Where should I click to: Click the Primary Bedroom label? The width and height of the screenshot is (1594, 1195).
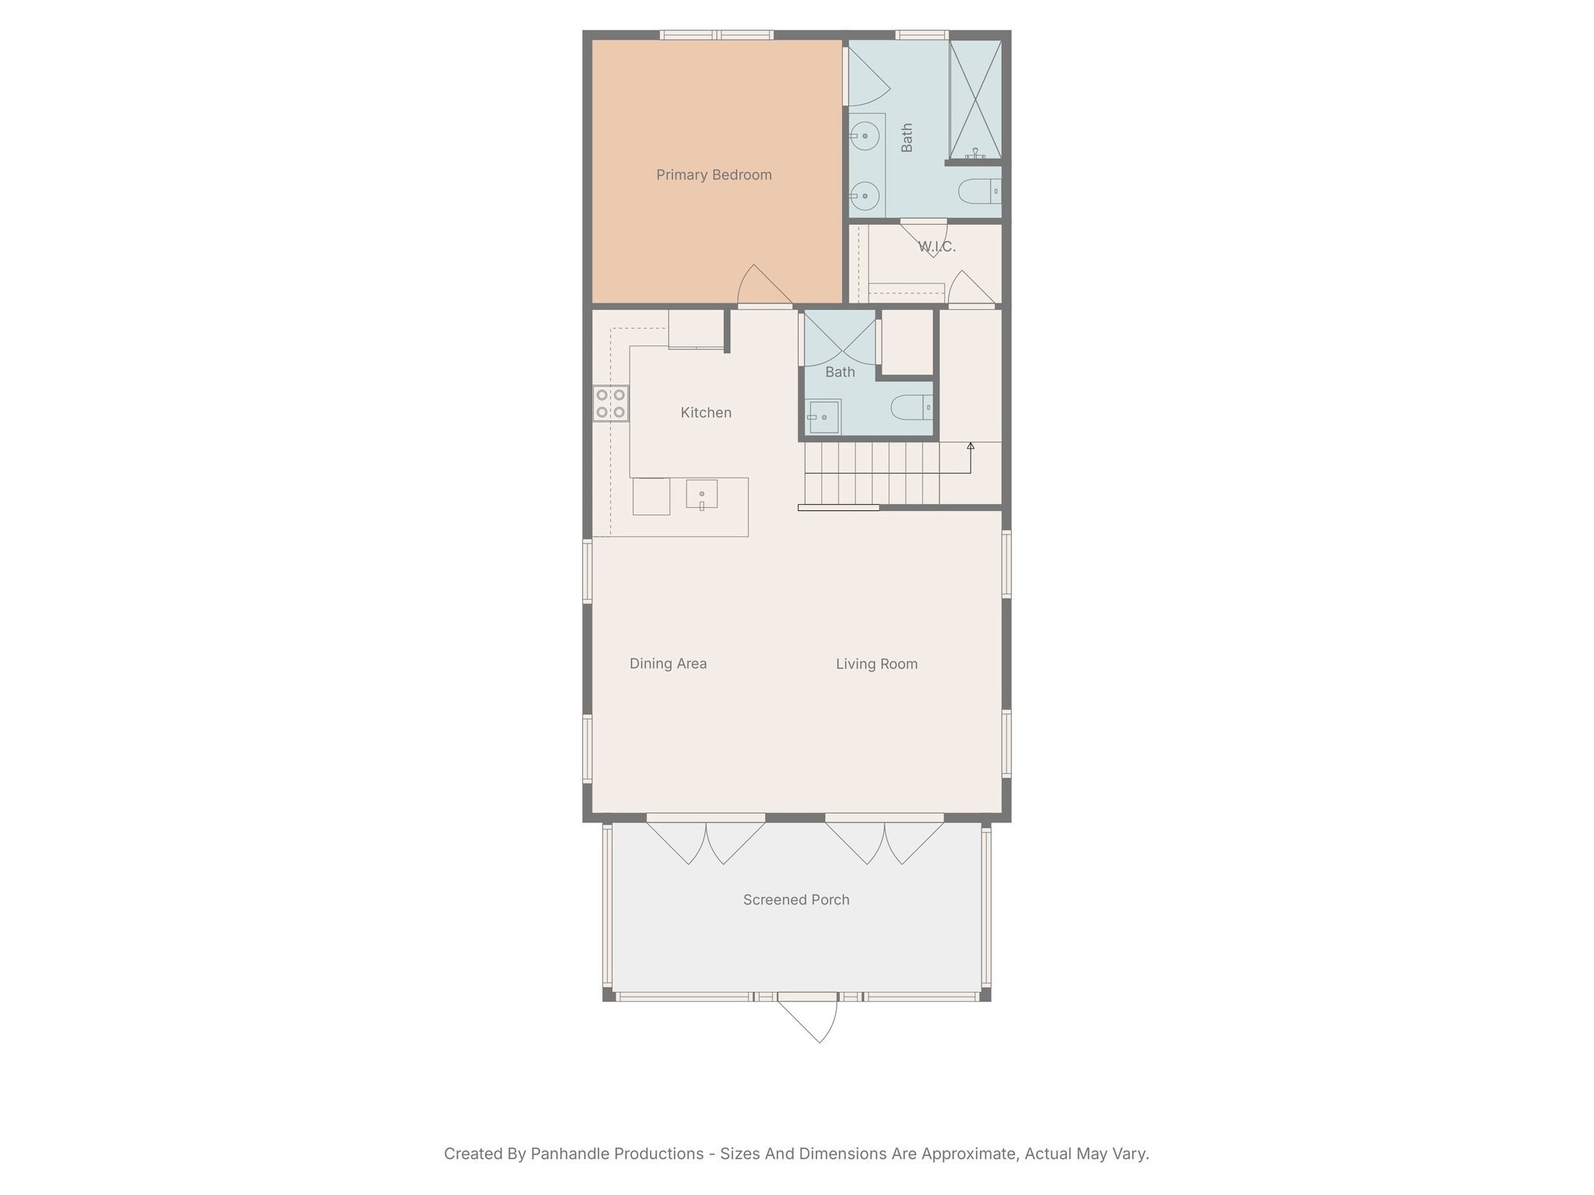pos(714,175)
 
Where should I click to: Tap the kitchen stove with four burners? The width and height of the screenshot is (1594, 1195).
pos(611,404)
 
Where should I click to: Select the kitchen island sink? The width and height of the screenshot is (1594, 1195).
pos(701,495)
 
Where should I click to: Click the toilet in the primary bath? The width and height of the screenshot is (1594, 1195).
pos(978,191)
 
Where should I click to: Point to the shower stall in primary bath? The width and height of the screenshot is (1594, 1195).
pos(974,100)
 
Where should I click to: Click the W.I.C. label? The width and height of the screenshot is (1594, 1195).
pos(936,247)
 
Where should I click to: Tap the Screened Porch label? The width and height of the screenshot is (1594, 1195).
pos(795,900)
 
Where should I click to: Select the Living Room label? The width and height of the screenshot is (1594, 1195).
pos(876,664)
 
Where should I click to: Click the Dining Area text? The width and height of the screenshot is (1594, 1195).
pos(668,664)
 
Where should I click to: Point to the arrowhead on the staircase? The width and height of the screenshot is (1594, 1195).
pos(971,446)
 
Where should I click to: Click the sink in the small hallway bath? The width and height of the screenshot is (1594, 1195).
pos(823,417)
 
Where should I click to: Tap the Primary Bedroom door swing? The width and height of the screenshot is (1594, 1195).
pos(763,286)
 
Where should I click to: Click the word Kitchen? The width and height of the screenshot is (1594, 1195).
pos(706,413)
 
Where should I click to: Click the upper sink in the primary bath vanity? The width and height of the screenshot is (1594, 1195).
pos(865,136)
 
